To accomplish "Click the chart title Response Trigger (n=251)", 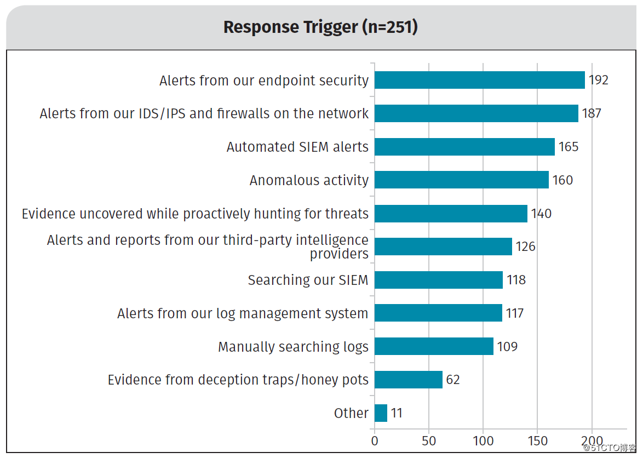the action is tap(320, 27).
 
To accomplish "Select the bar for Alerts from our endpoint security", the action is tap(479, 80).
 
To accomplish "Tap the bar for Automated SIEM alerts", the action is tap(464, 147).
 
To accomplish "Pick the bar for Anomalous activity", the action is tap(461, 180).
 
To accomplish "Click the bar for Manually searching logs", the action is tap(434, 346).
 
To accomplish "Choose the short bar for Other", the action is tap(381, 413).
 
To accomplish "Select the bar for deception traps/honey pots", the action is tap(409, 380).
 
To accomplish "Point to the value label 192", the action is tap(598, 80).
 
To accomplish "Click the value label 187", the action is tap(592, 113).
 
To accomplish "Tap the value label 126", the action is tap(525, 247).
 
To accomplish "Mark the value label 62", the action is tap(453, 380).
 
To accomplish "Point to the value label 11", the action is tap(396, 413).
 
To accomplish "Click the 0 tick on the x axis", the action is tap(375, 441).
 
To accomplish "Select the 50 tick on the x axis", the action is tap(429, 441).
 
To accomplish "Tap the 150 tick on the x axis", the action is tap(538, 441).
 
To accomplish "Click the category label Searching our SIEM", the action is tap(308, 280).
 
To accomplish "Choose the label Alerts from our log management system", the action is tap(243, 314).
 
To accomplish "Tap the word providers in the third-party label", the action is tap(339, 254).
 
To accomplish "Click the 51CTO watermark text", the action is tap(610, 448).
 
